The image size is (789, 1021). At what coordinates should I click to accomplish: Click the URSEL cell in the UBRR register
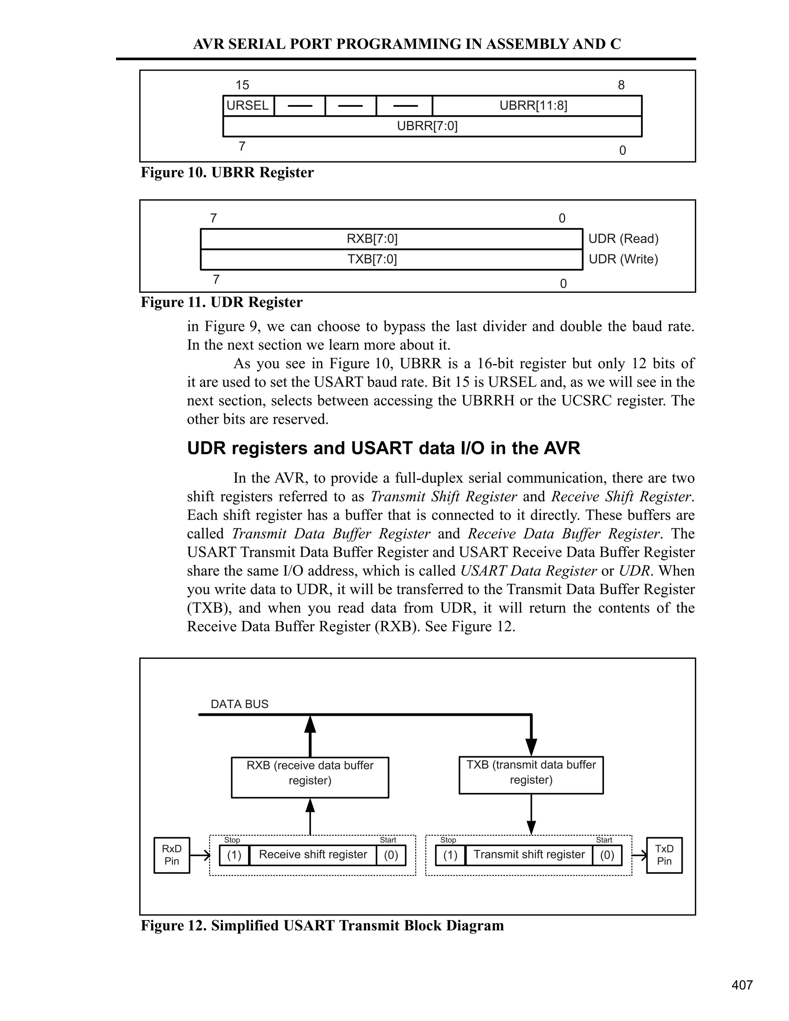[x=248, y=106]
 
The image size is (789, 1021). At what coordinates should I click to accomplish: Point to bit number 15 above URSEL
[x=242, y=85]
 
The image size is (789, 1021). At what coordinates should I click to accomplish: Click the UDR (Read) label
[x=623, y=239]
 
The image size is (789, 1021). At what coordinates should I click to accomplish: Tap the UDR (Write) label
[x=623, y=259]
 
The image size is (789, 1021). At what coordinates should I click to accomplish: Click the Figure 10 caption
[x=227, y=173]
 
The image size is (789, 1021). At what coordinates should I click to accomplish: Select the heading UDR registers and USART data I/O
[x=383, y=448]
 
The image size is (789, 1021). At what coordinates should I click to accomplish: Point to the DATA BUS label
[x=239, y=704]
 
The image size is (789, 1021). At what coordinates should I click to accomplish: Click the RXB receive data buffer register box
[x=310, y=778]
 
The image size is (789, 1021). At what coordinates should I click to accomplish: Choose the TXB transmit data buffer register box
[x=531, y=775]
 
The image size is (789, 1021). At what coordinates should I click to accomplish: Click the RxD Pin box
[x=171, y=855]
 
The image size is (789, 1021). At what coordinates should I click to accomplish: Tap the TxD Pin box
[x=664, y=855]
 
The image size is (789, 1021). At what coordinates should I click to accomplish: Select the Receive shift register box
[x=313, y=855]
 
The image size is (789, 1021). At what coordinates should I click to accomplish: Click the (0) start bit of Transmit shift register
[x=607, y=855]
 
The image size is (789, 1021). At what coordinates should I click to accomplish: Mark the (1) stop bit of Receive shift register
[x=234, y=855]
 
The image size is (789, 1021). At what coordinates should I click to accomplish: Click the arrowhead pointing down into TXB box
[x=531, y=746]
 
